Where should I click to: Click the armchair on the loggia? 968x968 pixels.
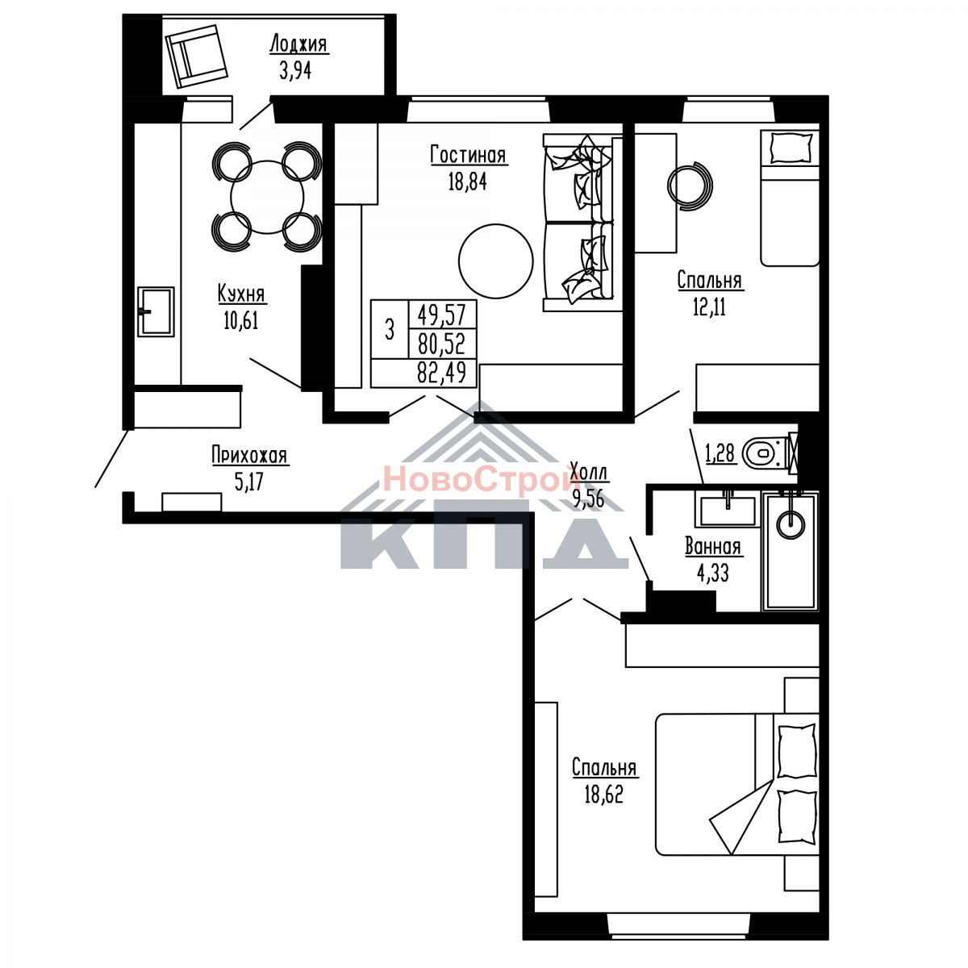click(196, 56)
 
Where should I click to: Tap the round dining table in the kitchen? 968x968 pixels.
click(267, 197)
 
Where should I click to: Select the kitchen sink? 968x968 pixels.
click(156, 311)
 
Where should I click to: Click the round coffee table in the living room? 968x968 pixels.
click(495, 261)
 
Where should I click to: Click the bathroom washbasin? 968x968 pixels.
click(726, 509)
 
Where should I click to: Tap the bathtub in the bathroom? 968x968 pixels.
click(791, 551)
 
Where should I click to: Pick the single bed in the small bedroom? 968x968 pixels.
click(790, 198)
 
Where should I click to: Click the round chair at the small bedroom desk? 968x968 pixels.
click(690, 186)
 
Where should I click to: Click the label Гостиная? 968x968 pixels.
click(468, 155)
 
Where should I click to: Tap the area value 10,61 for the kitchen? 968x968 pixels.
click(241, 320)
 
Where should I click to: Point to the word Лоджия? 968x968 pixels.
click(298, 44)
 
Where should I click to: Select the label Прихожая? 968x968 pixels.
click(249, 455)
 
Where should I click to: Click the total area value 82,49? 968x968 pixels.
click(441, 373)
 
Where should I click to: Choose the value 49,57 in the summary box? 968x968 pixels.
click(441, 315)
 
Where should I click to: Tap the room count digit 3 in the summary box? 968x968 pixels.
click(390, 331)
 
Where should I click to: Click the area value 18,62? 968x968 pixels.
click(604, 795)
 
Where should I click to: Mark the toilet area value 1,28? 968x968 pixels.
click(720, 453)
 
